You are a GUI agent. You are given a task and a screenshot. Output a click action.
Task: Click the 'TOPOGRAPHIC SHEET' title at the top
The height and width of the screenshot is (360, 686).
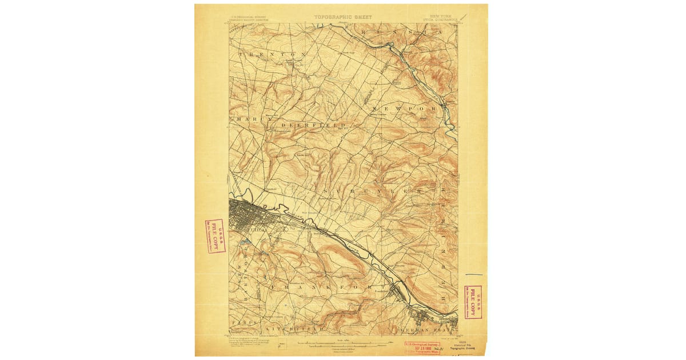point(342,17)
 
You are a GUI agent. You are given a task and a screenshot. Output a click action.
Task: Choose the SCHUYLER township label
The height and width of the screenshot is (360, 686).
point(372,190)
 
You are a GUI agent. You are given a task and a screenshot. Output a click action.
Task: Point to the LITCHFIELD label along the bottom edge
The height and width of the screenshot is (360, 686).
point(294,330)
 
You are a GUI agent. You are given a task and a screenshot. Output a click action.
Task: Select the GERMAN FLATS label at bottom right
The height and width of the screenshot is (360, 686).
point(429,330)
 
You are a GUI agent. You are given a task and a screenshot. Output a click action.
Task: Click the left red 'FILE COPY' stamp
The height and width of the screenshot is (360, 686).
point(215,236)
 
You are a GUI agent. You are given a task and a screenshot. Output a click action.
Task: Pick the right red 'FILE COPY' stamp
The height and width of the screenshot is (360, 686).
point(472,302)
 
